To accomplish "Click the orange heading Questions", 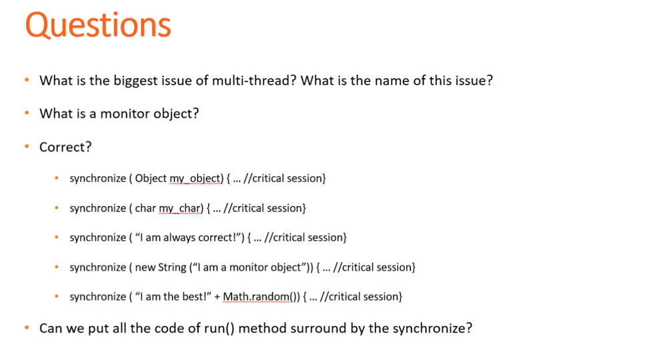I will (98, 26).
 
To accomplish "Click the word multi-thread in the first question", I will (253, 81).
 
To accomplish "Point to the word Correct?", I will (65, 147).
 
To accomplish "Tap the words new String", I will (161, 267).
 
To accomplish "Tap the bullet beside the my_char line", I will (57, 208).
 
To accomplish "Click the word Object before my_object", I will (151, 179).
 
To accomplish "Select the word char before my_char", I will (145, 208).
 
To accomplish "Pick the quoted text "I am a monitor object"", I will (247, 267).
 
